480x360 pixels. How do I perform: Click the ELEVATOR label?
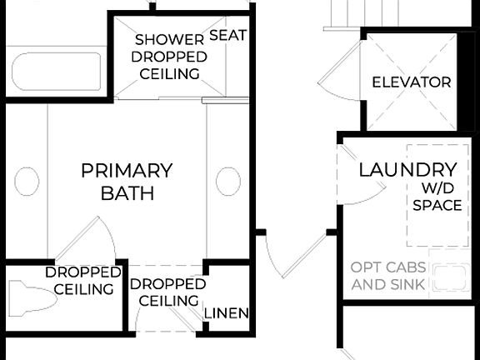point(411,82)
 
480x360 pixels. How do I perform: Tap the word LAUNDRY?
point(407,170)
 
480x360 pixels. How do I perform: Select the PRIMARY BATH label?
point(127,182)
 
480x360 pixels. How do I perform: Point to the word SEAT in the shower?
point(227,35)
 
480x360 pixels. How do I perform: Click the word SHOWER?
point(169,39)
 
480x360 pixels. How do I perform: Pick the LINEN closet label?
point(227,313)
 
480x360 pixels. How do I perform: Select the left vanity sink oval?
point(27,181)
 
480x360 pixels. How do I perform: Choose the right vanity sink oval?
point(228,181)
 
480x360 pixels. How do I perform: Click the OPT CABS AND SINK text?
point(388,276)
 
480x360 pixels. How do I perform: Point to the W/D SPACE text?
point(437,197)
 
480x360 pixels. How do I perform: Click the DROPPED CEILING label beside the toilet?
point(79,281)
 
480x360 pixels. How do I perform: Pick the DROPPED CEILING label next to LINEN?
point(167,292)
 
